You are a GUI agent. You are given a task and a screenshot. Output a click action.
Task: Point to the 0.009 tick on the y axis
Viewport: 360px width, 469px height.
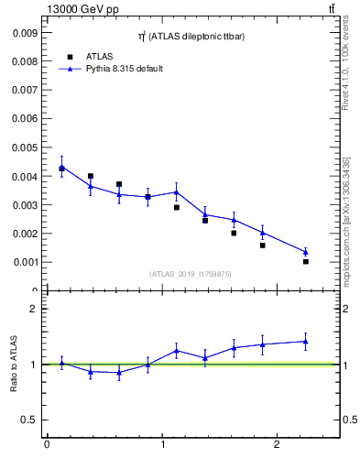pyautogui.click(x=24, y=32)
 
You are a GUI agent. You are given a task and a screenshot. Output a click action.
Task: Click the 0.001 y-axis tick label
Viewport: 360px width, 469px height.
pyautogui.click(x=24, y=262)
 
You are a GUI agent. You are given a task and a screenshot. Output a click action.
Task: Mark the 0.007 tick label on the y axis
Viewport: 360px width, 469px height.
pyautogui.click(x=24, y=90)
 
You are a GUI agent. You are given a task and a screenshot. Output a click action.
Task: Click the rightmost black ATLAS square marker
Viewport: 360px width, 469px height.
pyautogui.click(x=306, y=261)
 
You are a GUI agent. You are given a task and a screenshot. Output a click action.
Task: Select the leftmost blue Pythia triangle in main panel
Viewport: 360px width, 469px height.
pyautogui.click(x=61, y=167)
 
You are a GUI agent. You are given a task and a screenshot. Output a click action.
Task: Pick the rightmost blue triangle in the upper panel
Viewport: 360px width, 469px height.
pyautogui.click(x=306, y=252)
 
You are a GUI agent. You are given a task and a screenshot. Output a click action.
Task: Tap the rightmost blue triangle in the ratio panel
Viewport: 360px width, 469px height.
pyautogui.click(x=306, y=341)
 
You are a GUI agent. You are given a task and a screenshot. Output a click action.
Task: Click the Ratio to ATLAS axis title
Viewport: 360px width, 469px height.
pyautogui.click(x=15, y=365)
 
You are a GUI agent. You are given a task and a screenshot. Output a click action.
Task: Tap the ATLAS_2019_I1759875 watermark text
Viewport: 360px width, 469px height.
pyautogui.click(x=191, y=273)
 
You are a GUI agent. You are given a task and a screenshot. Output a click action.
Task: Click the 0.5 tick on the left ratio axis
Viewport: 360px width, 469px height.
pyautogui.click(x=28, y=420)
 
